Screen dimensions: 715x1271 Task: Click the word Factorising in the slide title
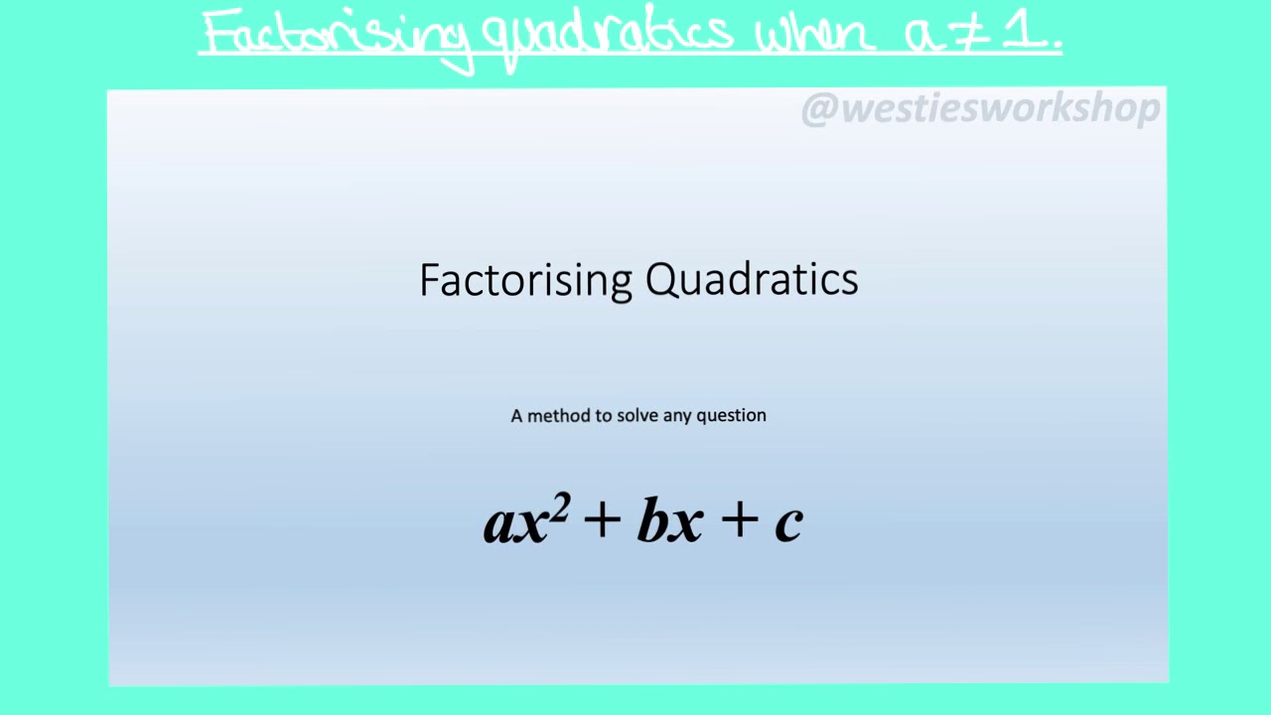click(x=525, y=280)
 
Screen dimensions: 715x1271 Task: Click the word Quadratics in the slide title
click(x=752, y=280)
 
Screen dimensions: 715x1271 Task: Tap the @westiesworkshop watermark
click(x=980, y=109)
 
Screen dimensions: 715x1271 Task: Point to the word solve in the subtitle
click(x=637, y=415)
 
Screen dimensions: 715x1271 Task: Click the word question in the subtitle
click(x=731, y=415)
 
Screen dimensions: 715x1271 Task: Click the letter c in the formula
click(x=787, y=522)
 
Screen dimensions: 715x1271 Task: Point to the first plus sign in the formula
click(x=603, y=520)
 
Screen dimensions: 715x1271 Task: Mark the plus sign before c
click(x=739, y=520)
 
